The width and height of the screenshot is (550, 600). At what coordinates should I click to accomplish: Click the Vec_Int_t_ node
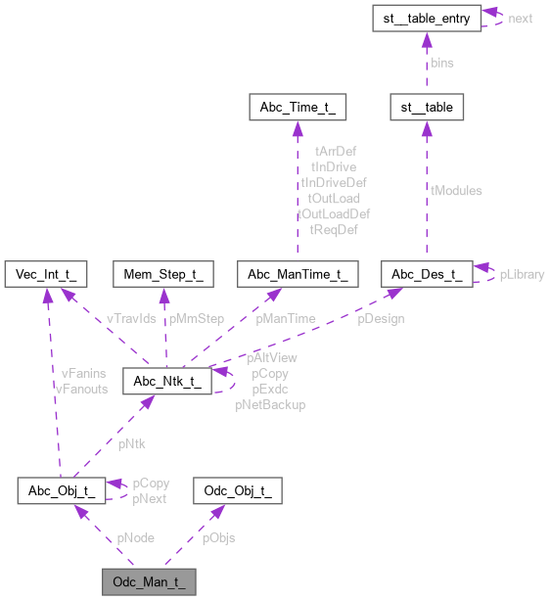(46, 273)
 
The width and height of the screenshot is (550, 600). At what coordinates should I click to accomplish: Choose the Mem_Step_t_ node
(163, 273)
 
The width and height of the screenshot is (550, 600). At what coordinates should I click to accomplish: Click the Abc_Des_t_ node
(426, 273)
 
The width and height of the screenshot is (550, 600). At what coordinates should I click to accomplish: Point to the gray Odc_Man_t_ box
(149, 581)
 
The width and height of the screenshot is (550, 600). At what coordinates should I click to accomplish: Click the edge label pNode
(135, 537)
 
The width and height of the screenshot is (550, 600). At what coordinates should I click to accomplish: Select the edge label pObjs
(218, 537)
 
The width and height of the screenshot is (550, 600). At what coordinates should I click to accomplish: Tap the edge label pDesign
(381, 318)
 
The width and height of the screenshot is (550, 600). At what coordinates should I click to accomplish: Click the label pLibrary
(522, 274)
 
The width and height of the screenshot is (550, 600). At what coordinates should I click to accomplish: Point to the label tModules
(456, 190)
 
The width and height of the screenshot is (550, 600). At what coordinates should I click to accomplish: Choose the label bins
(442, 62)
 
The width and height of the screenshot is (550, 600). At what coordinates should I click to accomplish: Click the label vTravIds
(131, 318)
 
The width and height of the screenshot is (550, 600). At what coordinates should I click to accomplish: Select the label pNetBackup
(270, 404)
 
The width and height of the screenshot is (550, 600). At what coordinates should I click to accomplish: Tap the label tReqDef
(334, 229)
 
